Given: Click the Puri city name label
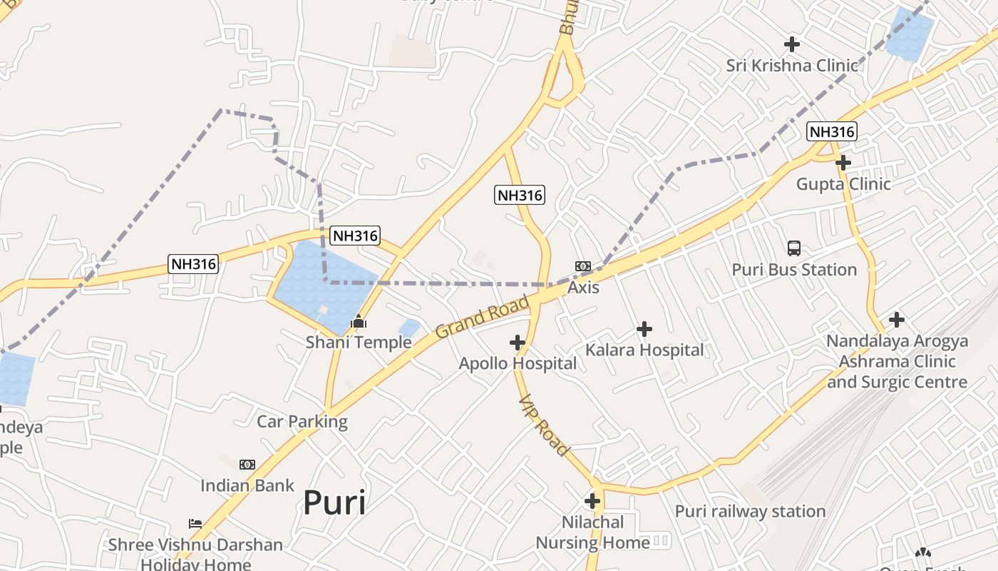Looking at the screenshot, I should pos(334,502).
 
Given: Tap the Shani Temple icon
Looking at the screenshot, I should pos(359,322).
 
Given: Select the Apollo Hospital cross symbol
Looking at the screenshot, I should pos(518,343).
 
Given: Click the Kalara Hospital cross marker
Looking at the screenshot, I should pos(644,329).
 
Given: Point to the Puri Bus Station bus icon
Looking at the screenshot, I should pos(794,248).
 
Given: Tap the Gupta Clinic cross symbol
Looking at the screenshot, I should pos(843,163).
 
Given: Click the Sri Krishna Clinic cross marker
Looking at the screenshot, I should pos(791,44).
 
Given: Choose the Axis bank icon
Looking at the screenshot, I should pos(583,266).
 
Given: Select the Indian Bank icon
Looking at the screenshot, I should pos(247,465).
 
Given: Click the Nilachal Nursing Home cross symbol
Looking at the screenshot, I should pos(592,501).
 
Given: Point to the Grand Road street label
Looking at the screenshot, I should pos(482,318).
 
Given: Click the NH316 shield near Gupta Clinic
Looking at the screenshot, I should pos(831,131).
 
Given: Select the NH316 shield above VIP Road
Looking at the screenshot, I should pos(520,195).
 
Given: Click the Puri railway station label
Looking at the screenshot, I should pos(750,512).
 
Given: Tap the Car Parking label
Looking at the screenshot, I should pos(302,421).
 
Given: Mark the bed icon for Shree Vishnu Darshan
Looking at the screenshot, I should pos(195,524).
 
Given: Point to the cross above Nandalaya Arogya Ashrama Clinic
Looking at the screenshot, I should pos(897,319).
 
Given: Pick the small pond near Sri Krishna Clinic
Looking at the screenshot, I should pos(910,34).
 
